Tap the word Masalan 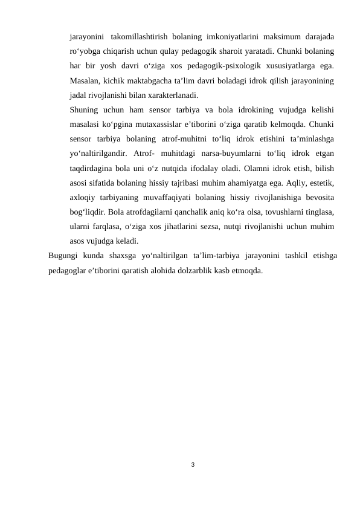click(85, 80)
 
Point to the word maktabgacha click(151, 80)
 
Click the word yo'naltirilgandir click(98, 153)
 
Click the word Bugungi click(63, 254)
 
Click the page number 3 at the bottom click(192, 464)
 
